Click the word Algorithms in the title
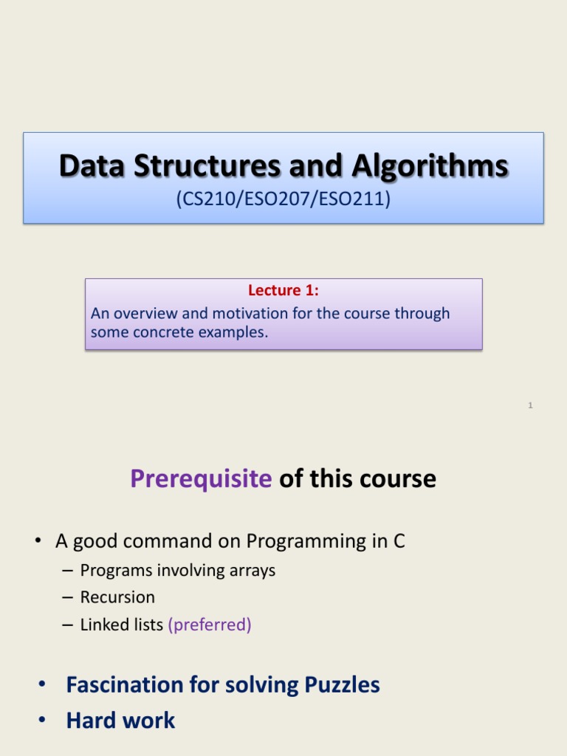pyautogui.click(x=430, y=167)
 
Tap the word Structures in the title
pyautogui.click(x=207, y=166)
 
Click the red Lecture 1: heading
pyautogui.click(x=283, y=290)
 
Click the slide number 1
pyautogui.click(x=530, y=405)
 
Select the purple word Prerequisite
pyautogui.click(x=201, y=478)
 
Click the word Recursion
pyautogui.click(x=117, y=597)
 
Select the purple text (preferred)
pyautogui.click(x=209, y=625)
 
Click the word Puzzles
pyautogui.click(x=342, y=685)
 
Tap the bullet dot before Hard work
pyautogui.click(x=42, y=720)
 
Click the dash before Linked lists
pyautogui.click(x=67, y=625)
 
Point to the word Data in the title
pyautogui.click(x=92, y=166)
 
